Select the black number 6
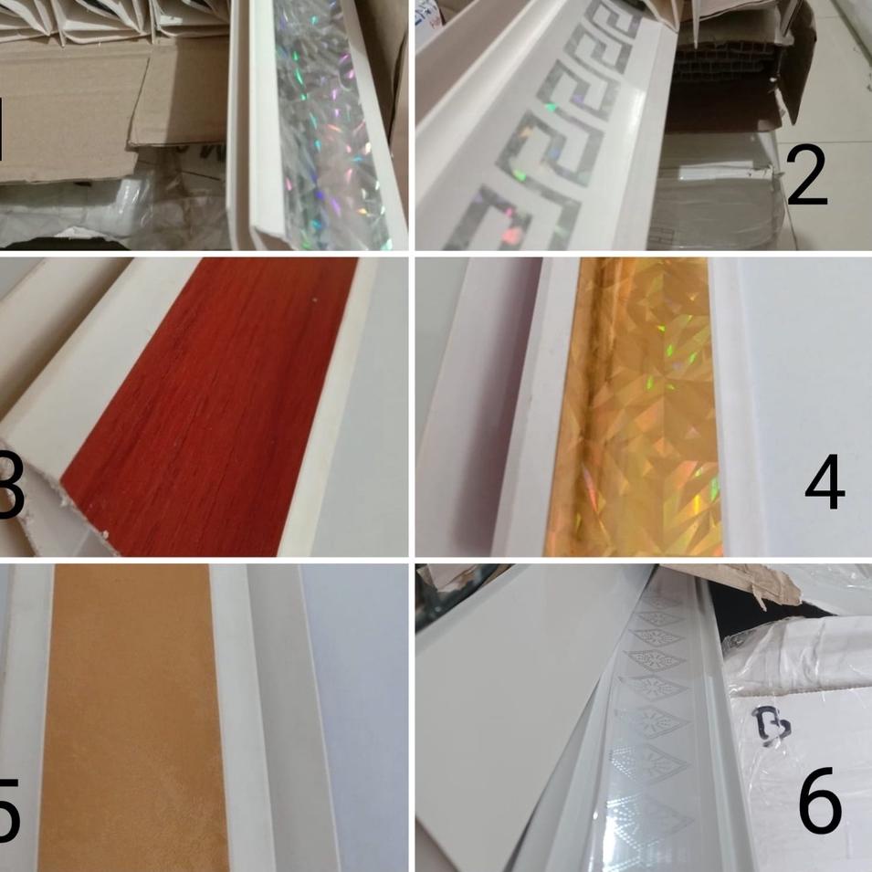tap(819, 801)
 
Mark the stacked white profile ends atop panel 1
tap(110, 18)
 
